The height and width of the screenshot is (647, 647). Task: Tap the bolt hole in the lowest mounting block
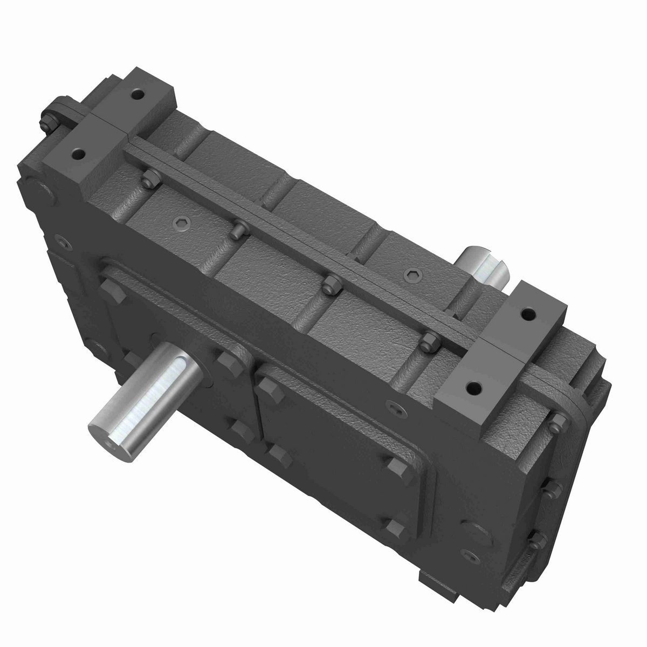coord(473,387)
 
